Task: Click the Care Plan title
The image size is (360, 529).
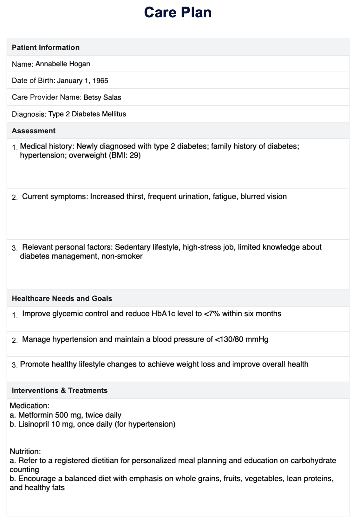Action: coord(178,12)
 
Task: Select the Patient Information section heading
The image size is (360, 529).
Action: coord(45,48)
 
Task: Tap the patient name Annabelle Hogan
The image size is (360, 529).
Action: coord(63,64)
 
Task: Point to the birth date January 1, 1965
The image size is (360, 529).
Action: coord(83,81)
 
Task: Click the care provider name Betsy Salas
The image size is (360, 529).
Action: coord(102,98)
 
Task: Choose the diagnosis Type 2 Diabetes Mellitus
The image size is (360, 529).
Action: coord(87,114)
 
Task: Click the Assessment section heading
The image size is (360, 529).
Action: coord(34,131)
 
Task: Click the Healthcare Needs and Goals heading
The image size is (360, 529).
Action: coord(62,299)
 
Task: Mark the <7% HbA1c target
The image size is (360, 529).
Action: coord(212,314)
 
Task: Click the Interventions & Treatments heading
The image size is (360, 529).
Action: coord(60,391)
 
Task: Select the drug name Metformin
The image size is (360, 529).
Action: coord(35,415)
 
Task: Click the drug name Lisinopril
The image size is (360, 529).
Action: coord(34,424)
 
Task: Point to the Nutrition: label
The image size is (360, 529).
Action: coord(25,452)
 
